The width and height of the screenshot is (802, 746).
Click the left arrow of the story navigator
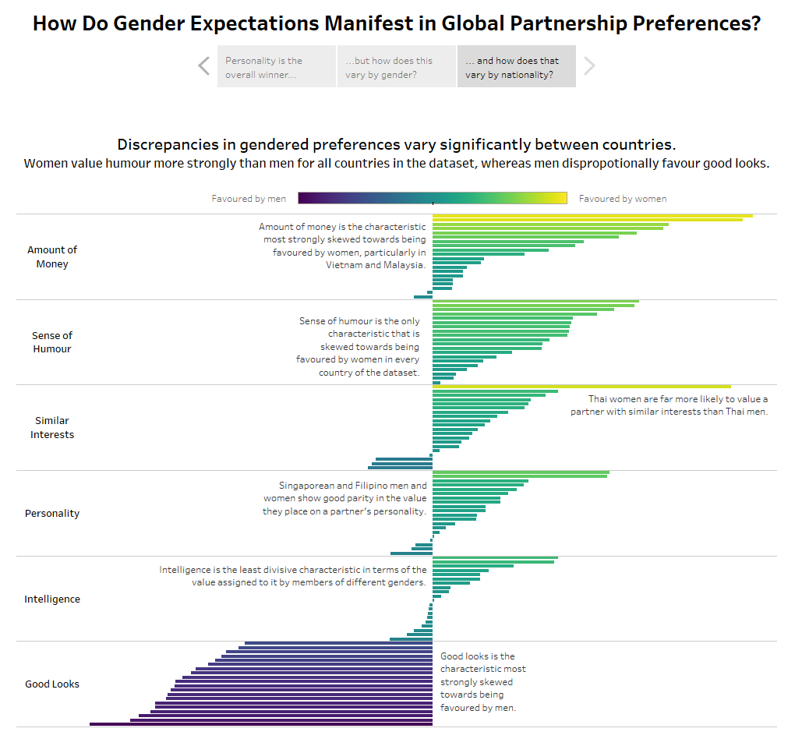tap(204, 66)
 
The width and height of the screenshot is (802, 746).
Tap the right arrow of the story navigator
tap(589, 66)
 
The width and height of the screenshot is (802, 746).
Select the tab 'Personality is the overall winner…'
tap(276, 66)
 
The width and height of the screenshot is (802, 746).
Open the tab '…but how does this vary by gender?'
tap(396, 66)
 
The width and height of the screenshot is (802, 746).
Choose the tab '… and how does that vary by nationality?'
tap(516, 66)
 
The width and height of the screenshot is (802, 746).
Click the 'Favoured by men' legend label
tap(249, 199)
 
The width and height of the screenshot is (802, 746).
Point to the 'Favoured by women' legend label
tap(623, 199)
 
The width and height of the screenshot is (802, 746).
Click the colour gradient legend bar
tap(433, 198)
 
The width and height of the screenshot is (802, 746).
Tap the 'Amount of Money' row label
tap(52, 256)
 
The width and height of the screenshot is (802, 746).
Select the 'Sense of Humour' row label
tap(52, 342)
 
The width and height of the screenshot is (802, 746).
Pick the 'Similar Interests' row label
tap(52, 427)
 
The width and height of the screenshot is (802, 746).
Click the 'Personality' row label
tap(52, 514)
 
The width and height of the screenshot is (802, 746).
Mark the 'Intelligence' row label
tap(52, 599)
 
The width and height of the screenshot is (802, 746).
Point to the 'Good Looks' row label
tap(52, 684)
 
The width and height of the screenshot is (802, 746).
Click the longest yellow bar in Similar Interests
tap(581, 387)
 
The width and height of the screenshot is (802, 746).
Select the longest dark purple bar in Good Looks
tap(261, 724)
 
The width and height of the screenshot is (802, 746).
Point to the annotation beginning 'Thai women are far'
tap(669, 405)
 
